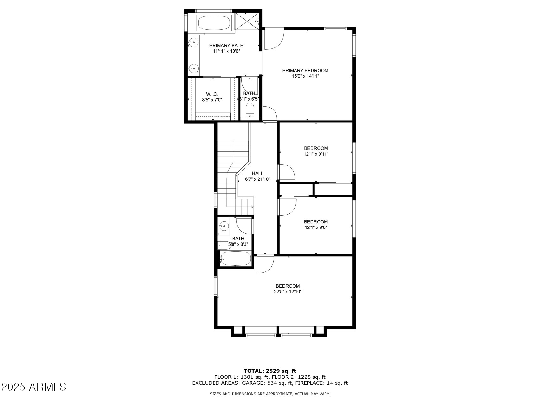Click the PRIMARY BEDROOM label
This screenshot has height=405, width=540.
pyautogui.click(x=305, y=71)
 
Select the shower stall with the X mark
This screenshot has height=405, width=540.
pyautogui.click(x=247, y=21)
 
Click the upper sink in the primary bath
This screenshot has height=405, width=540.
pyautogui.click(x=193, y=42)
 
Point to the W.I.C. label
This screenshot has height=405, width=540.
pyautogui.click(x=212, y=94)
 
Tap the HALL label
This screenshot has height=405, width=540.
pyautogui.click(x=258, y=173)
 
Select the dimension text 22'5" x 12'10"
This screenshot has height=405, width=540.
pyautogui.click(x=288, y=292)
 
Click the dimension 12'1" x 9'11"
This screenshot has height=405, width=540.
pyautogui.click(x=316, y=154)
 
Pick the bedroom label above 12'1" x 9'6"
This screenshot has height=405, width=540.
pyautogui.click(x=316, y=222)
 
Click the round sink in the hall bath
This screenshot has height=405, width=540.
pyautogui.click(x=224, y=226)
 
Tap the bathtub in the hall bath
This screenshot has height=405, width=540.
pyautogui.click(x=236, y=259)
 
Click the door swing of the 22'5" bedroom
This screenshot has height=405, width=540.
pyautogui.click(x=265, y=264)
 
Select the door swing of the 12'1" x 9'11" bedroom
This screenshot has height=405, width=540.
pyautogui.click(x=287, y=172)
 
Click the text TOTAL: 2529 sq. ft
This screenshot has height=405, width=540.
pyautogui.click(x=270, y=371)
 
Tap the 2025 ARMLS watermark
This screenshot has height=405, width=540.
pyautogui.click(x=34, y=387)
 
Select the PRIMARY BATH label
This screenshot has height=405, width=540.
pyautogui.click(x=226, y=46)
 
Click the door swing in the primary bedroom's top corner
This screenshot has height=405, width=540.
pyautogui.click(x=274, y=39)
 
